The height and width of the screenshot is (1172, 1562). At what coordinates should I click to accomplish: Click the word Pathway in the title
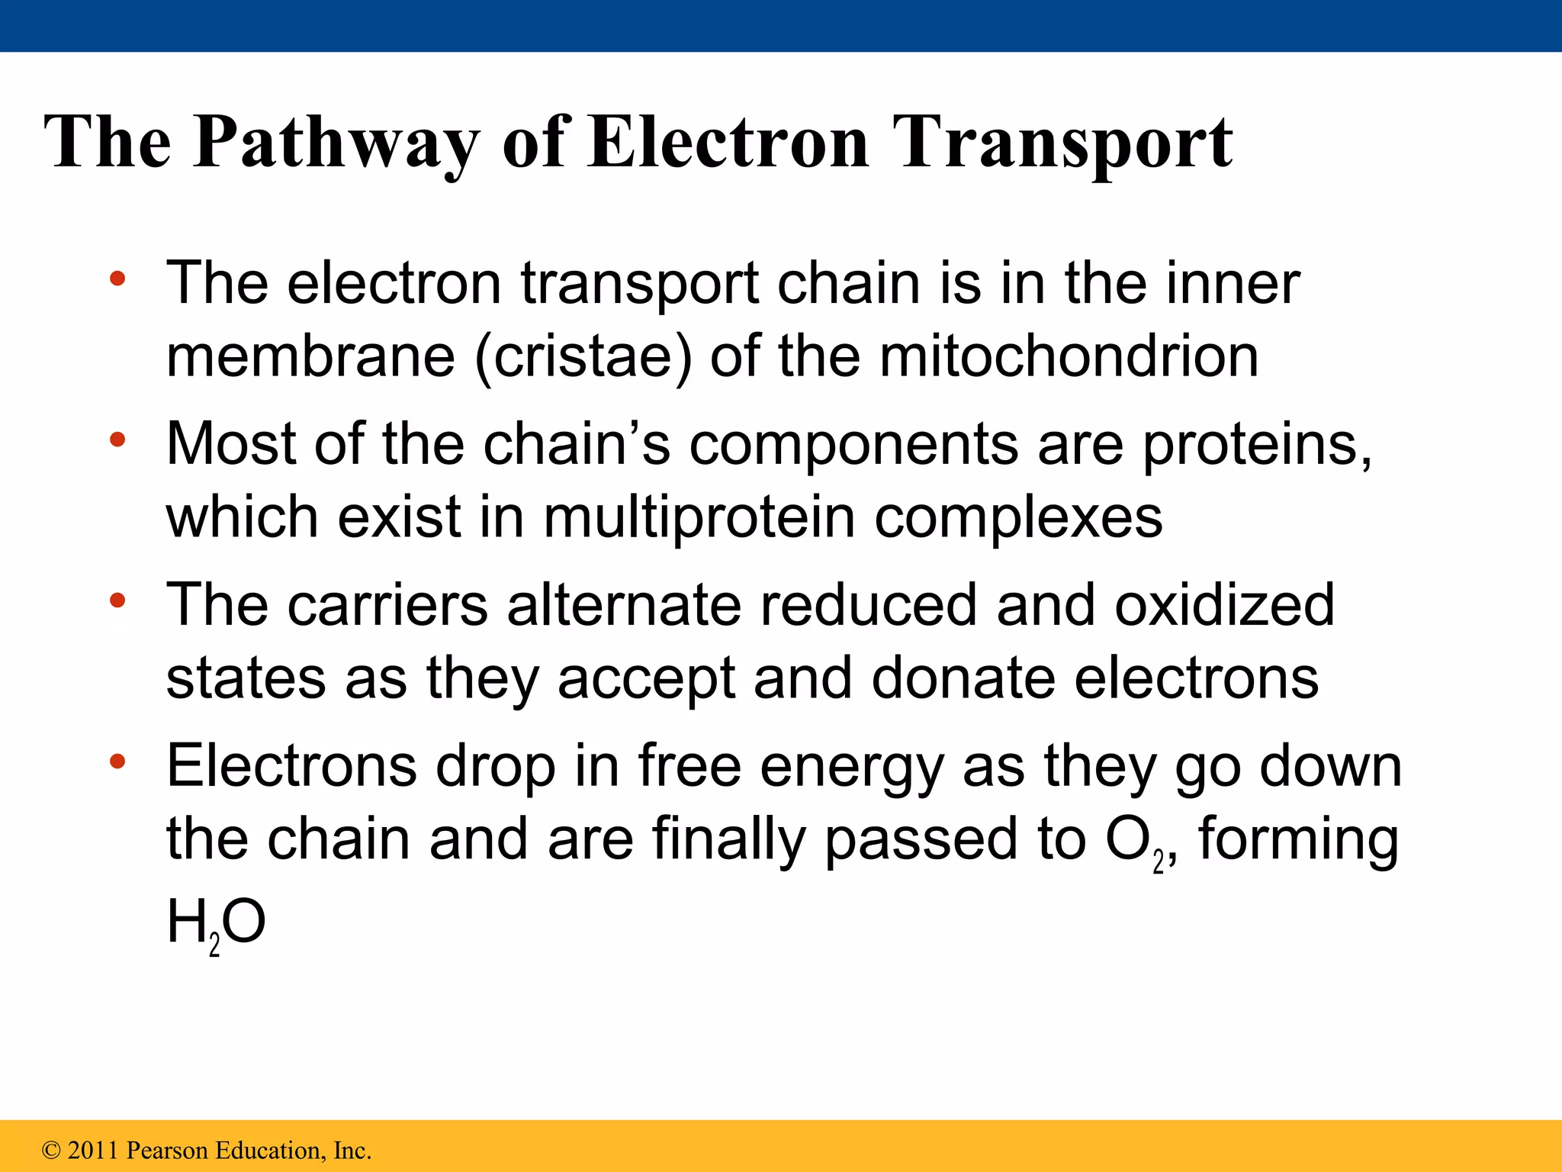[336, 143]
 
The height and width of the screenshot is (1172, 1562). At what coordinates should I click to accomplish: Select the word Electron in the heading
[728, 143]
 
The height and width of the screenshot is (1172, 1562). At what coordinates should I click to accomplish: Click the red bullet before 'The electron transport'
[117, 279]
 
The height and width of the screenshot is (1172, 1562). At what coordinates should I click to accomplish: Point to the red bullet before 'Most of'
[117, 439]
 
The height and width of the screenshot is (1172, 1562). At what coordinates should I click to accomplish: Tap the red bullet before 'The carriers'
[117, 601]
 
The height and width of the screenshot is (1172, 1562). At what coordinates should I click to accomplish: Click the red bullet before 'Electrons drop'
[117, 761]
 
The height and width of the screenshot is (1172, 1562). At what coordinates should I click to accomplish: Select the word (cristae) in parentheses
[583, 357]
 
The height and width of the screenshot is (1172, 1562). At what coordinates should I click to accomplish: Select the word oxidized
[1224, 604]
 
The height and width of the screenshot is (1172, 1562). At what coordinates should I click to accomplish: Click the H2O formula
[216, 923]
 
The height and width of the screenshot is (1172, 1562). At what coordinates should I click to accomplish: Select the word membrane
[310, 357]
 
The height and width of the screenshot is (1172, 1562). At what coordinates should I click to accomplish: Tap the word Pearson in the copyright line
[167, 1151]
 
